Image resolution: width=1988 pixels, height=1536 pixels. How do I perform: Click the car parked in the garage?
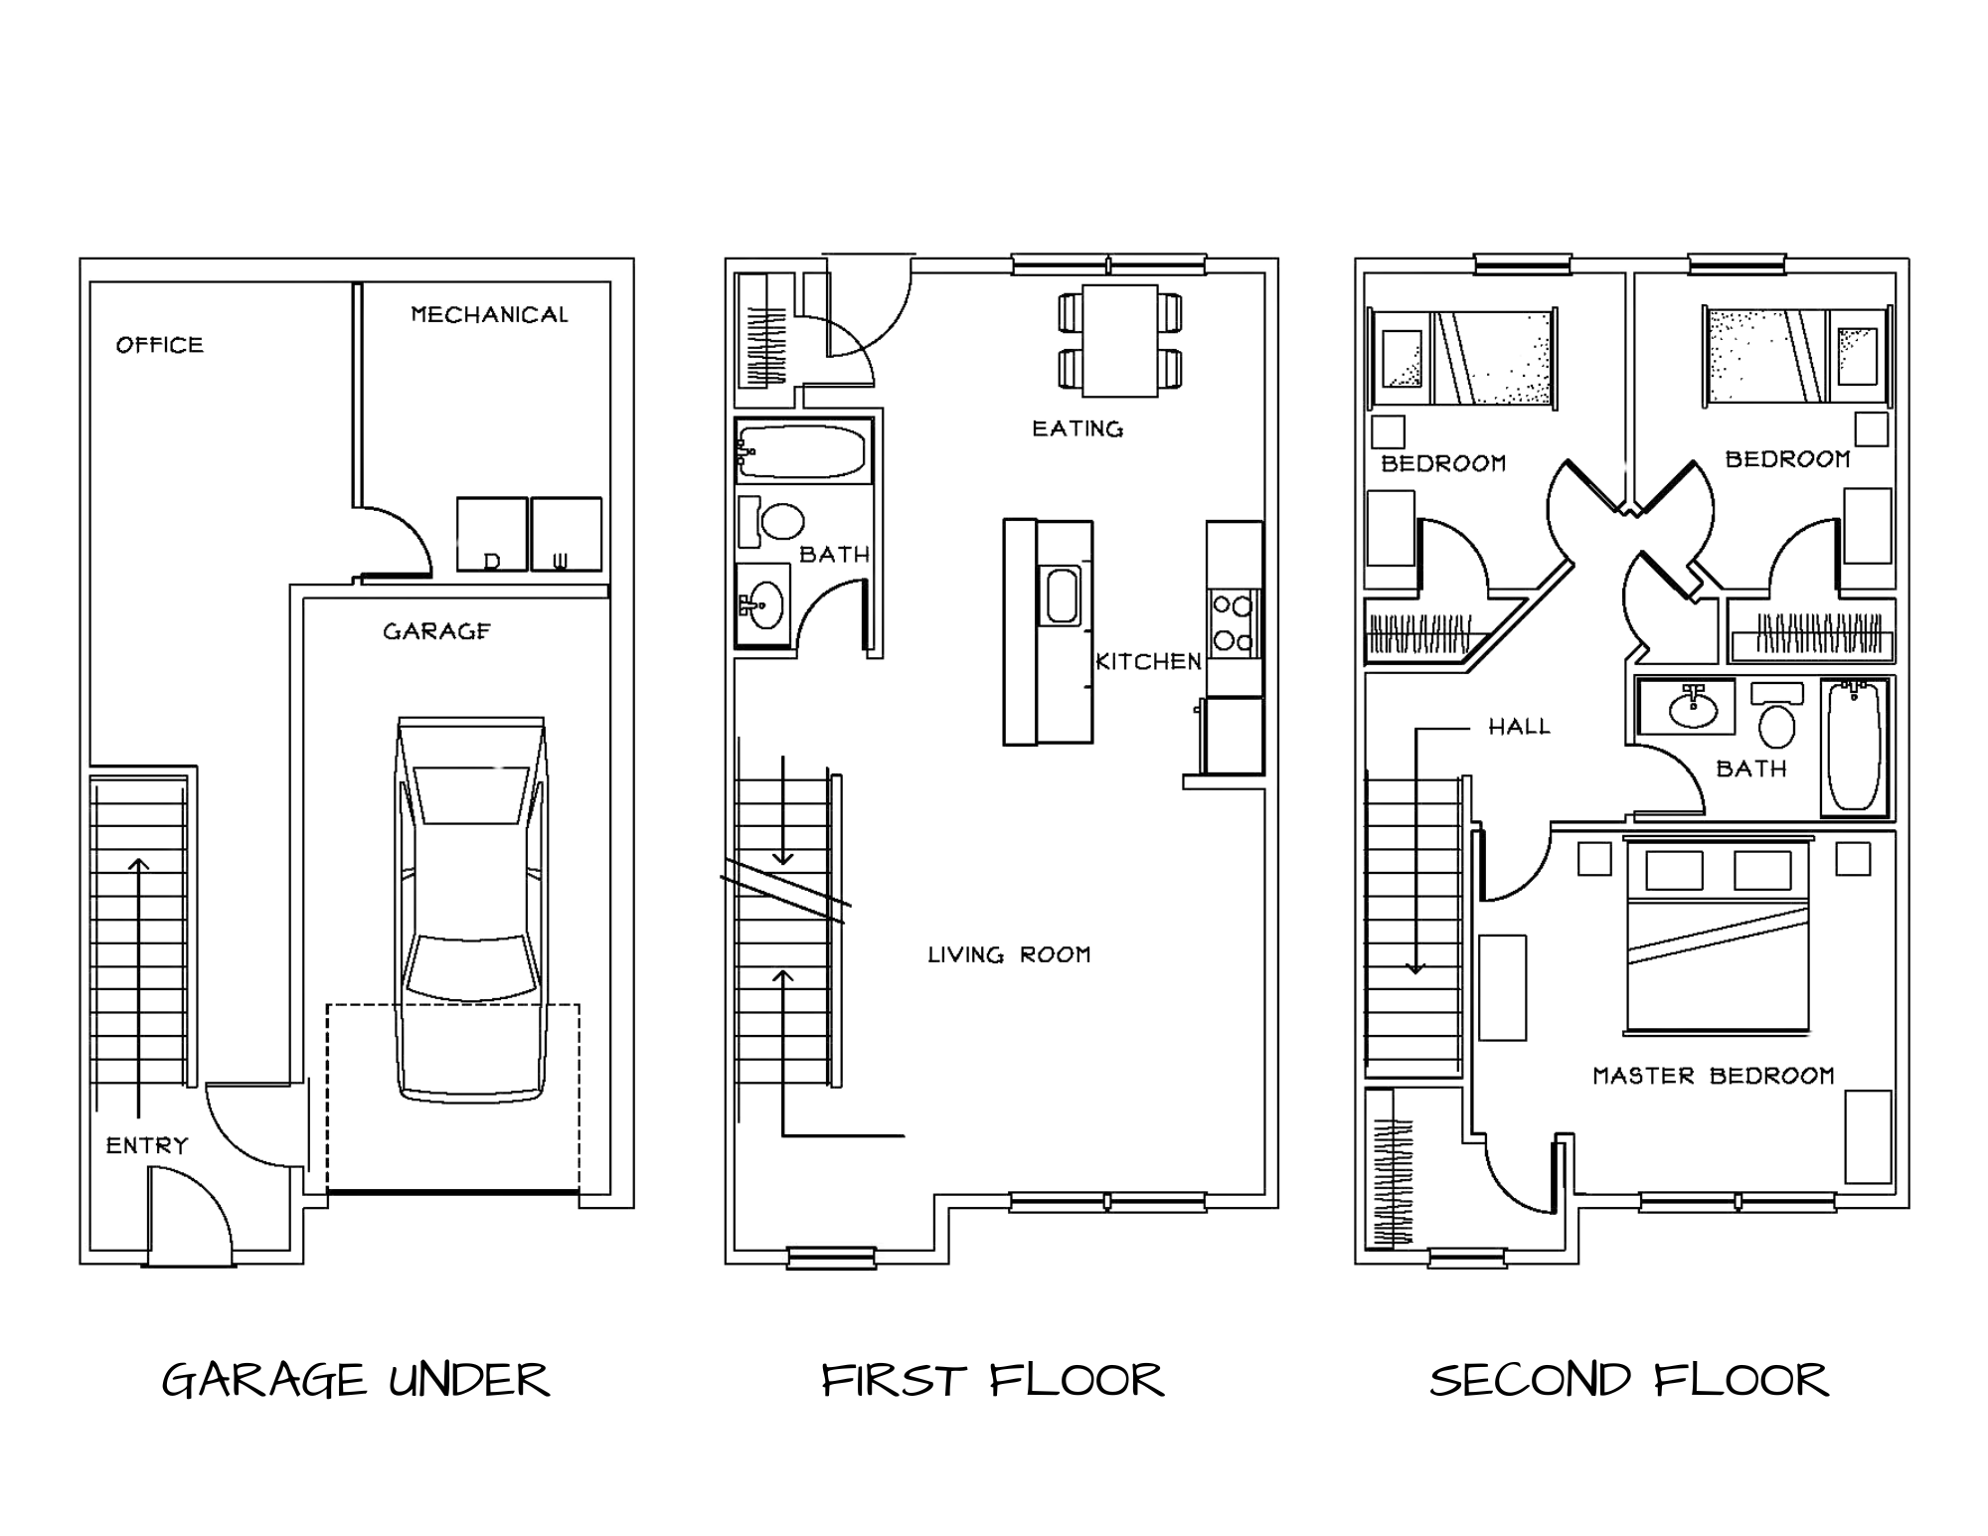click(471, 910)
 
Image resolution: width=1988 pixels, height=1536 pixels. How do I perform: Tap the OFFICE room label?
click(159, 345)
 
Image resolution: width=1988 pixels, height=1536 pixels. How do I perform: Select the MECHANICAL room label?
click(489, 314)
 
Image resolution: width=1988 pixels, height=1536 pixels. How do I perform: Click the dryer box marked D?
click(491, 535)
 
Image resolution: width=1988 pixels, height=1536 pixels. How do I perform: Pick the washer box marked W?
click(566, 535)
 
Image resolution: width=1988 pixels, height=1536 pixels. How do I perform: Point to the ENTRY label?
click(147, 1145)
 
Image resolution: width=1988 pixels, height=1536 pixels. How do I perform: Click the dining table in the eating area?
click(1120, 341)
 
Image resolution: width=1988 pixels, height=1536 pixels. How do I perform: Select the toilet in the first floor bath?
click(773, 522)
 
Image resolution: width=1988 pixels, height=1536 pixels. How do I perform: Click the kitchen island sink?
click(1062, 596)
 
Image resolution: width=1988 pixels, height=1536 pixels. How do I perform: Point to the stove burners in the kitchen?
click(1234, 622)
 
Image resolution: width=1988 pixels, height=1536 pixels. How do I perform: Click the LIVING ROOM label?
click(1009, 954)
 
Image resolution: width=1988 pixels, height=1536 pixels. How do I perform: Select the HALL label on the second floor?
click(1519, 727)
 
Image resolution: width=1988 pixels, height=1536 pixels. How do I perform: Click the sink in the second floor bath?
click(1693, 708)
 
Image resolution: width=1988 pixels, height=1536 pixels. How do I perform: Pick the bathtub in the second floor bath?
click(1855, 746)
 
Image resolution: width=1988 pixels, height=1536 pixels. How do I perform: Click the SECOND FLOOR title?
click(1628, 1380)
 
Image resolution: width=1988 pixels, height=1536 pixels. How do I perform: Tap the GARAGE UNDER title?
click(355, 1380)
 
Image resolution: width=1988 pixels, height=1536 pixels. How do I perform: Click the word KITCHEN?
click(1148, 661)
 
